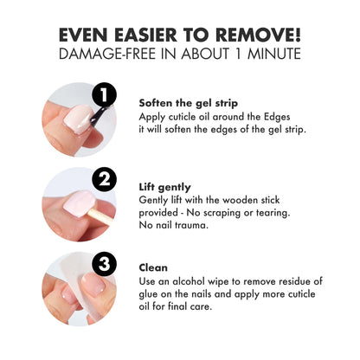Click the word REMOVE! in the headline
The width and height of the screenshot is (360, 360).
coord(258,35)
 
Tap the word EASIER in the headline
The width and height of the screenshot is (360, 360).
coord(145,35)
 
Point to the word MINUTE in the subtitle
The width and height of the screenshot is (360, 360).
coord(274,54)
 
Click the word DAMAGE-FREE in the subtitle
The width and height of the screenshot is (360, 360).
coord(107,54)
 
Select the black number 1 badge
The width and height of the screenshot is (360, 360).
coord(104,94)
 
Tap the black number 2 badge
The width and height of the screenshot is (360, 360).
coord(105,179)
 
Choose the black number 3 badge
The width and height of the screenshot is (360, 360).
coord(104,264)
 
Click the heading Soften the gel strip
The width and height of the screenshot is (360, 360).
coord(189,103)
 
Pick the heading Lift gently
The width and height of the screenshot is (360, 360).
coord(164,188)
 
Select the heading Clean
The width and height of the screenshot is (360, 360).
coord(153,267)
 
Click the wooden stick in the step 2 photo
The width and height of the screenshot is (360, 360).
coord(101,216)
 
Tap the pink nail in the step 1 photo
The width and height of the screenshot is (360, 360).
coord(77,119)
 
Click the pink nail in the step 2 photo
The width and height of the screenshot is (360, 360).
coord(79,202)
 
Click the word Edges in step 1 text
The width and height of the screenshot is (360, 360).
coord(277,118)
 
